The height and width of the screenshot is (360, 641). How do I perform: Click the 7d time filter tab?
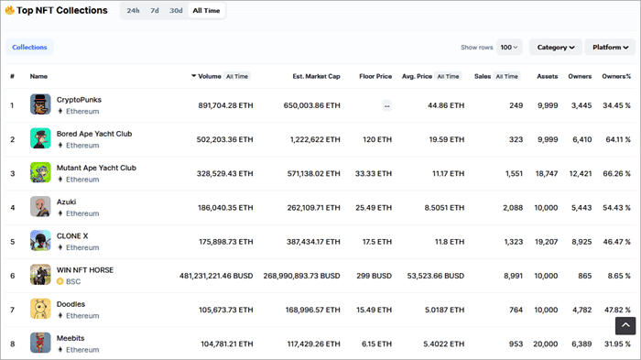[x=155, y=11]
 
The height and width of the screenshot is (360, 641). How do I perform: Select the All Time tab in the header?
[x=207, y=11]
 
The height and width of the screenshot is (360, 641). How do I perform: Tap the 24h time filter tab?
[x=133, y=11]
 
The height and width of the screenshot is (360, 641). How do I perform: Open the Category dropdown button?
[x=556, y=47]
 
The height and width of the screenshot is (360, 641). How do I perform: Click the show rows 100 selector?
[x=509, y=47]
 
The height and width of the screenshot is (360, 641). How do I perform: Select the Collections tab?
[x=29, y=47]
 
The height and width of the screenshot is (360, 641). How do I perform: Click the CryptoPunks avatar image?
[x=40, y=104]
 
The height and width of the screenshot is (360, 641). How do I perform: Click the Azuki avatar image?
[x=40, y=207]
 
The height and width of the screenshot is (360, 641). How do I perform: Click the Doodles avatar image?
[x=40, y=309]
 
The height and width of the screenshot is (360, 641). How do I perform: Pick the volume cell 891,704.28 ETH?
[x=225, y=105]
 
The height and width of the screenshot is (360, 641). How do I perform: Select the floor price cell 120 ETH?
[x=377, y=139]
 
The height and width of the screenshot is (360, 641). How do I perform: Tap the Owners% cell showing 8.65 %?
[x=616, y=275]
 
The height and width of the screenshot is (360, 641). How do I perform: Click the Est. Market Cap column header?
[x=316, y=76]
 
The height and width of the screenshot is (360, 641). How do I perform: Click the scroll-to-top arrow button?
[x=625, y=324]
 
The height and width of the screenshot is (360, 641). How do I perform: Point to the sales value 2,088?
[x=513, y=207]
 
